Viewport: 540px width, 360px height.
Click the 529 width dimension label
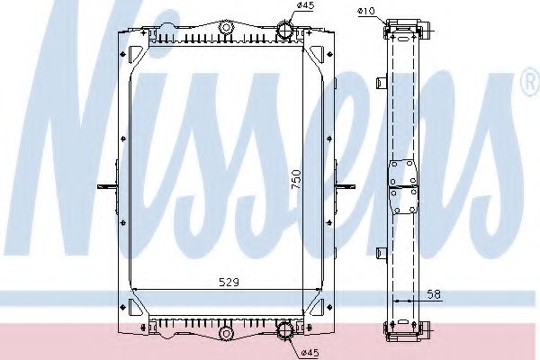click(x=230, y=282)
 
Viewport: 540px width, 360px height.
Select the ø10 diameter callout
click(x=365, y=11)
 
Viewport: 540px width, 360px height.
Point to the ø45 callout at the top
click(x=303, y=8)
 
